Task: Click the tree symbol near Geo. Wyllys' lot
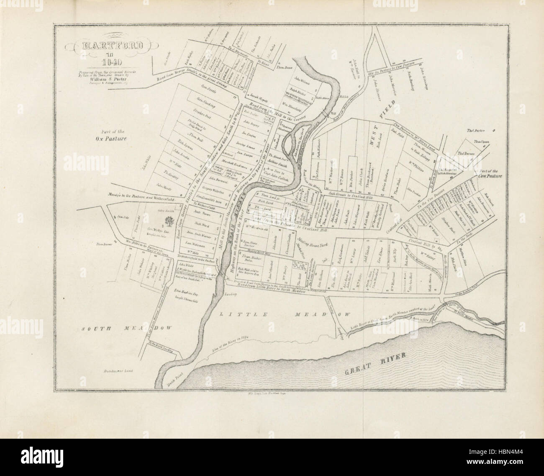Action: click(169, 221)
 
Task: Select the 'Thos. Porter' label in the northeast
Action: click(477, 130)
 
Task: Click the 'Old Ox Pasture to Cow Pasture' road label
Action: click(390, 67)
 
